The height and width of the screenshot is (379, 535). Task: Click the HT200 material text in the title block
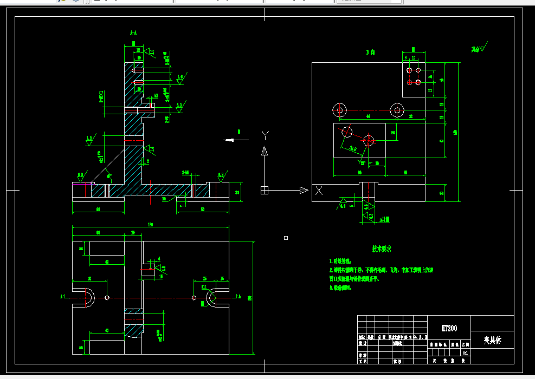tap(449, 328)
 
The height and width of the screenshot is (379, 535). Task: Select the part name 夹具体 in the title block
tap(492, 341)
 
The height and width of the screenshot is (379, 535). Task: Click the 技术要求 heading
tap(381, 249)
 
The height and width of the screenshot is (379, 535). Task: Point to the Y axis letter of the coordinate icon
tap(265, 134)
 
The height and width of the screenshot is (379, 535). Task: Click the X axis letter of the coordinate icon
tap(319, 191)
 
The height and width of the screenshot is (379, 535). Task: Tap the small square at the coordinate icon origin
tap(265, 190)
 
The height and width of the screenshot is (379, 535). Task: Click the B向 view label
tap(371, 53)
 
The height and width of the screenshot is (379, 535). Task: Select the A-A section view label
tap(133, 34)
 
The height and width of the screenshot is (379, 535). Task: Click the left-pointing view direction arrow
tap(235, 140)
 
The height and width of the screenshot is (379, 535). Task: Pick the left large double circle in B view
tap(340, 110)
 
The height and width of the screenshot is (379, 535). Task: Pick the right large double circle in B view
tap(397, 110)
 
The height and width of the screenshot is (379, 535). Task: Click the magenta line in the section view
tap(81, 183)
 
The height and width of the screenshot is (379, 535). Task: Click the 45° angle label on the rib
tap(109, 176)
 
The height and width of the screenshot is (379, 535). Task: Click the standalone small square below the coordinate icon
tap(286, 238)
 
